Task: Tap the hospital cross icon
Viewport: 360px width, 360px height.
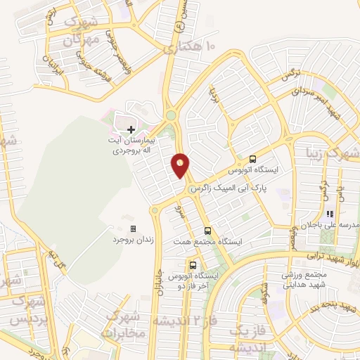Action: point(131,129)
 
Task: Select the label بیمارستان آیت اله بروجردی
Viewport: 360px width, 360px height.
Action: point(131,146)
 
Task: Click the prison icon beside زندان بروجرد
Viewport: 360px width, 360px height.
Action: point(133,229)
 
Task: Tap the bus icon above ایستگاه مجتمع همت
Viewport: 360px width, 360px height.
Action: point(207,231)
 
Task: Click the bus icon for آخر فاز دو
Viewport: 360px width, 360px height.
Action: point(193,265)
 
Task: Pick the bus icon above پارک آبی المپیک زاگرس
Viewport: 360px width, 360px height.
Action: point(253,159)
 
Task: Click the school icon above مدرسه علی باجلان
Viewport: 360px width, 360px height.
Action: point(339,214)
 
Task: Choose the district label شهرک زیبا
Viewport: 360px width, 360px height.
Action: point(332,152)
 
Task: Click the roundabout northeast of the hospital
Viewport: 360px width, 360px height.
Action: point(170,115)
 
